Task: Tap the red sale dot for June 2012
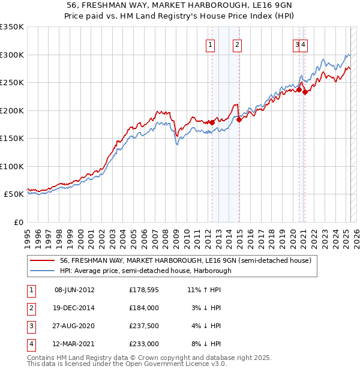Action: coord(212,122)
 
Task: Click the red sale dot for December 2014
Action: coord(239,119)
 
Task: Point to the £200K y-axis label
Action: coord(11,110)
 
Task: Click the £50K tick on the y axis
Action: coord(14,194)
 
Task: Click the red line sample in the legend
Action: coord(43,261)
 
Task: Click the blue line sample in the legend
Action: coord(43,271)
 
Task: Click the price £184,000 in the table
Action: coord(144,308)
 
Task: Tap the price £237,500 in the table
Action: coord(144,326)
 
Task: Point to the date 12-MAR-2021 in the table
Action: coord(74,344)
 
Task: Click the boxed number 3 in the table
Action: coord(30,326)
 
